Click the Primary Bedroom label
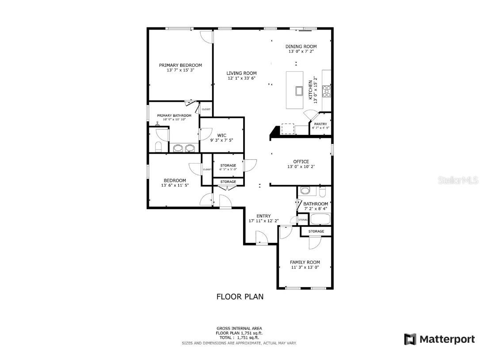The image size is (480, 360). [x=180, y=65]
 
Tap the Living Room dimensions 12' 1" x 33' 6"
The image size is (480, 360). [x=241, y=78]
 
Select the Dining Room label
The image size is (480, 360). [x=301, y=46]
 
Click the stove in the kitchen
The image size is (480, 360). [x=327, y=91]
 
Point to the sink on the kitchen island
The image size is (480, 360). [x=299, y=91]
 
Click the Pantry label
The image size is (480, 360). [x=320, y=124]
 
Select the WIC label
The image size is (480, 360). [x=221, y=135]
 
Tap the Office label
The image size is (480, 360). [x=301, y=161]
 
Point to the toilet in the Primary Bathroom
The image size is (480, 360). [x=159, y=146]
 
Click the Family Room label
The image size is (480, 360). [x=305, y=262]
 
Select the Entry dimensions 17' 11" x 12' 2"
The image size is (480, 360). [x=263, y=221]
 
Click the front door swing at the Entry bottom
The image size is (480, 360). [x=261, y=239]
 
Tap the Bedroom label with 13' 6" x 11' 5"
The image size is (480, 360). [x=175, y=180]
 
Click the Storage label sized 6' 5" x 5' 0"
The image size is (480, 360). [x=228, y=165]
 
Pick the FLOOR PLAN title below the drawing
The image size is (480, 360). [x=240, y=297]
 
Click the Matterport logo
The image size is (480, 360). [x=439, y=339]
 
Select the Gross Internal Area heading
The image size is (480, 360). [x=239, y=328]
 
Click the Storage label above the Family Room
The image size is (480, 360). [x=316, y=231]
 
